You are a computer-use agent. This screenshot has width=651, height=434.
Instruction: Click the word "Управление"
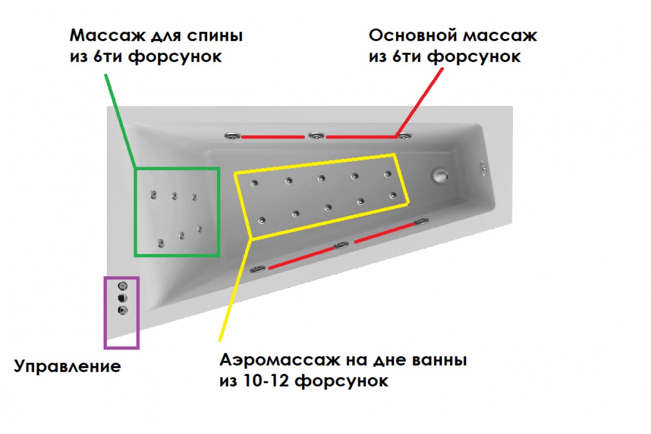(67, 366)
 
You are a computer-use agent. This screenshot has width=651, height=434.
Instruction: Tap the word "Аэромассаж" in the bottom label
(279, 360)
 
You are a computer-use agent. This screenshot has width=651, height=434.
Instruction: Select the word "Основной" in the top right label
(413, 35)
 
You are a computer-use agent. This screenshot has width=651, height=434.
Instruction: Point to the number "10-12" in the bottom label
(266, 381)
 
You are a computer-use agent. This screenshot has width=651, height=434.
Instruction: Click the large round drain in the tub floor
(440, 175)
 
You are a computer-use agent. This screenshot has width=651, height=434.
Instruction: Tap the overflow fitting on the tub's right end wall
(483, 169)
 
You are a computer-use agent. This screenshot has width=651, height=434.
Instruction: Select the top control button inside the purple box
(123, 286)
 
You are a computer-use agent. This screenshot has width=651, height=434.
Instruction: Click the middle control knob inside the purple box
(123, 298)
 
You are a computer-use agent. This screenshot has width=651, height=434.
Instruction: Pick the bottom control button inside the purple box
(123, 310)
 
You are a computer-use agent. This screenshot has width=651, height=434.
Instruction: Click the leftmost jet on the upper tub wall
(233, 136)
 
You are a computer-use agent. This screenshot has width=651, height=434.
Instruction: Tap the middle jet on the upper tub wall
(316, 136)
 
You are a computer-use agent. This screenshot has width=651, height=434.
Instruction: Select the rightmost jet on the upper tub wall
(405, 136)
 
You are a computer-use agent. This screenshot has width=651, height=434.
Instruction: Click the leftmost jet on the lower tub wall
(258, 269)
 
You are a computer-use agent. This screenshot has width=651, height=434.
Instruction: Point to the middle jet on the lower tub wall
(341, 245)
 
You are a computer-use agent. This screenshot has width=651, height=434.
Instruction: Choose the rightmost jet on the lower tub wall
(422, 221)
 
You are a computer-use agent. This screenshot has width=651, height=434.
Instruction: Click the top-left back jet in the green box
(154, 195)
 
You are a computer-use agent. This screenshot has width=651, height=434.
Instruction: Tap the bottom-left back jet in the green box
(161, 243)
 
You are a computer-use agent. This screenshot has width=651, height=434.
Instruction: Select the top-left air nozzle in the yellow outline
(254, 183)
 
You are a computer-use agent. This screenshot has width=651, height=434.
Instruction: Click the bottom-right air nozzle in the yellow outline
(393, 195)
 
